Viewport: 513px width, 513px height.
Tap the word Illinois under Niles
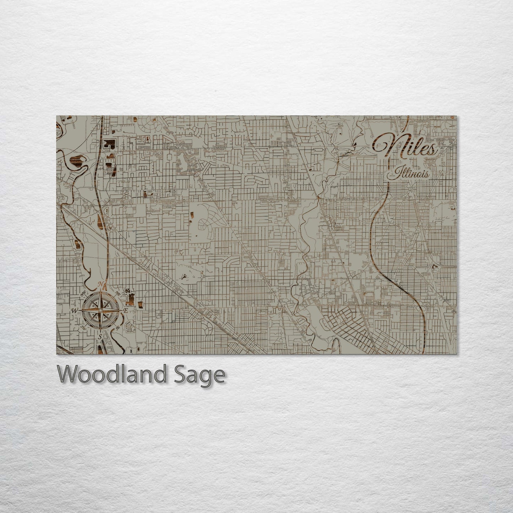coord(410,174)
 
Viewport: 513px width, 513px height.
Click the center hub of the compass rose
coord(100,311)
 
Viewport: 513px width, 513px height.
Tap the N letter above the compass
coord(100,284)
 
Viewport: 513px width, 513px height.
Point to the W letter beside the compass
coord(75,311)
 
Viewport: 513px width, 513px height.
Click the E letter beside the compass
coord(125,311)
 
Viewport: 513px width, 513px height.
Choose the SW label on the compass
coord(84,327)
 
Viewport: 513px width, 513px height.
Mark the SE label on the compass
coord(117,327)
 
